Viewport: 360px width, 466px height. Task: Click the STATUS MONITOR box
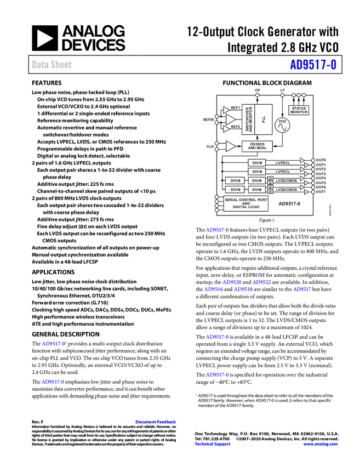point(299,110)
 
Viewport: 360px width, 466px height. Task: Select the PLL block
point(265,120)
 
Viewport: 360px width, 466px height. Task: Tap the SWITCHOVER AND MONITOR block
point(249,120)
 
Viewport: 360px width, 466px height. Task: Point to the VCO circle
point(282,125)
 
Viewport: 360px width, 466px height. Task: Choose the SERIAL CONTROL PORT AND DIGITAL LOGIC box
point(246,203)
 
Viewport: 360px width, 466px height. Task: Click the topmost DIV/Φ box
point(256,163)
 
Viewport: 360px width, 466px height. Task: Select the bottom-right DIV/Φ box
point(256,189)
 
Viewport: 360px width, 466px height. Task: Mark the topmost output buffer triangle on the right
point(302,161)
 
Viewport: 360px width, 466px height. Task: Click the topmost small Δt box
point(270,179)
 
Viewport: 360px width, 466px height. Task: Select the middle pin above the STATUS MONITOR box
point(299,95)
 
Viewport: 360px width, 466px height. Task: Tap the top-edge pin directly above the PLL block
point(257,95)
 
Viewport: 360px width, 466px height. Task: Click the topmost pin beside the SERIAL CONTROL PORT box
point(217,197)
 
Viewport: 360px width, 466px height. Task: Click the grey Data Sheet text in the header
point(52,65)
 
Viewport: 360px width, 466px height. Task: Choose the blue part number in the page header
point(313,65)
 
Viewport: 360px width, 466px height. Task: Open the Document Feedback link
point(156,422)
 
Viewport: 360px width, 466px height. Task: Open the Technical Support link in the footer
point(213,444)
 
